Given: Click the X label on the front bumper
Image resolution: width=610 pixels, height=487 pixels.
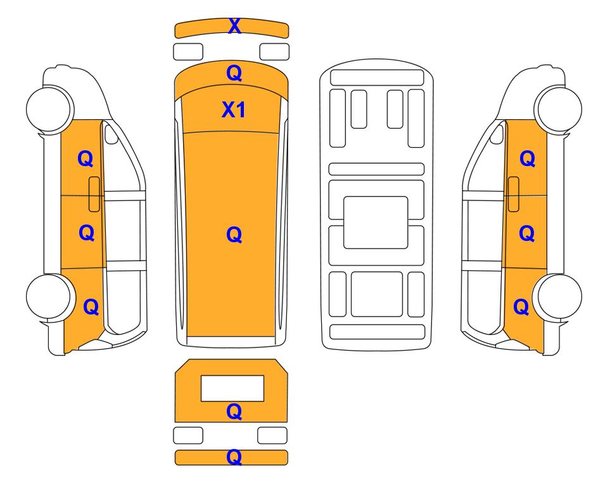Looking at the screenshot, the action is coord(234,26).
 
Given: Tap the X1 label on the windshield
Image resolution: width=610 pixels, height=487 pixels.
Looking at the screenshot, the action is coord(233,110).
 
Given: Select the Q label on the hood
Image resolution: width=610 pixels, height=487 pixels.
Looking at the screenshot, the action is coord(234,73).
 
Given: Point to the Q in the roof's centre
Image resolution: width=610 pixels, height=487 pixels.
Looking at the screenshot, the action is coord(234,235).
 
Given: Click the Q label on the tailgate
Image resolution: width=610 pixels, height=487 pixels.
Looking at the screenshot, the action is coord(234,412).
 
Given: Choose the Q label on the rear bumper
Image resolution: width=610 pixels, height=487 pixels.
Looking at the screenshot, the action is coord(234,457).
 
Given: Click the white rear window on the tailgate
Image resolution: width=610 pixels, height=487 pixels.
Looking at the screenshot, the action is coord(232,389).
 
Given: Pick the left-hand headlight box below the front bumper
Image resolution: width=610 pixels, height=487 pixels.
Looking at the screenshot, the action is coord(188,52).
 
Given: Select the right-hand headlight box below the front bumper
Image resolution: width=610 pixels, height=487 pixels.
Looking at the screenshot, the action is coord(274,52).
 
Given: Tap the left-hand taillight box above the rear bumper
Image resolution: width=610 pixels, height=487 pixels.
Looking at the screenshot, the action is coord(188,435).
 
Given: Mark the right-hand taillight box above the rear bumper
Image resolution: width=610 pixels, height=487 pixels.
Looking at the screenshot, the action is coord(272,435).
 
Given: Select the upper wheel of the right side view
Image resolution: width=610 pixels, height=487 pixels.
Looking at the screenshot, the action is coord(559,108).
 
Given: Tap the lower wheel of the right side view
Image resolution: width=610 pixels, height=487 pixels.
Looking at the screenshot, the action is coord(559,297).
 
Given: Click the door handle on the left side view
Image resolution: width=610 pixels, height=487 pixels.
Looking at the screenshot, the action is coord(94,194).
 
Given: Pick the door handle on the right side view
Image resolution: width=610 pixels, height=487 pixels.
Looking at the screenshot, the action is coord(514,194).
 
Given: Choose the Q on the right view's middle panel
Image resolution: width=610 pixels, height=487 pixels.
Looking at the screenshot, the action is coord(527,233).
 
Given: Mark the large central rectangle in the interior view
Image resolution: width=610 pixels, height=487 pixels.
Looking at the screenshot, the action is coord(376,223).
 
